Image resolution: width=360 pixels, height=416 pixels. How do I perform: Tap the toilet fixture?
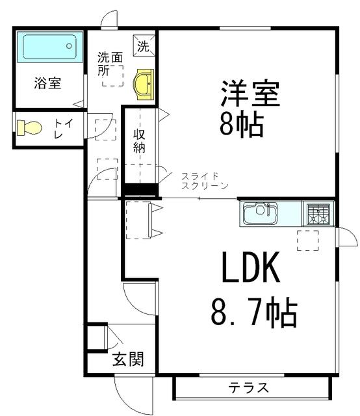tap(29, 127)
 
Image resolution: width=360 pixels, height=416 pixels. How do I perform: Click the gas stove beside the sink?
tap(318, 213)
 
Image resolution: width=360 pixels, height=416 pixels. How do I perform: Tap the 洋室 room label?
tap(250, 94)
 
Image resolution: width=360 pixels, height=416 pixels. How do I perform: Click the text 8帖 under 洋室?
tap(241, 124)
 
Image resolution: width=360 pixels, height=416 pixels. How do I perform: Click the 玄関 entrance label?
tap(127, 358)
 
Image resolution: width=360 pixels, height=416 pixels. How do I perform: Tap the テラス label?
tap(248, 389)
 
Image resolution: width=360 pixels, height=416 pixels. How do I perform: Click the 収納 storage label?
tap(140, 140)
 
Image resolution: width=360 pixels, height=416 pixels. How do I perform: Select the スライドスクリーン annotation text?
tap(204, 181)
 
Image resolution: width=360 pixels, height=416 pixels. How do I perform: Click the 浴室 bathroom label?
tap(48, 83)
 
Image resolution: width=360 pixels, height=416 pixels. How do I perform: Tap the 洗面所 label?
tap(110, 64)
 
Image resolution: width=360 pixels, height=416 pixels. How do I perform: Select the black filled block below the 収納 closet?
tap(141, 190)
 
